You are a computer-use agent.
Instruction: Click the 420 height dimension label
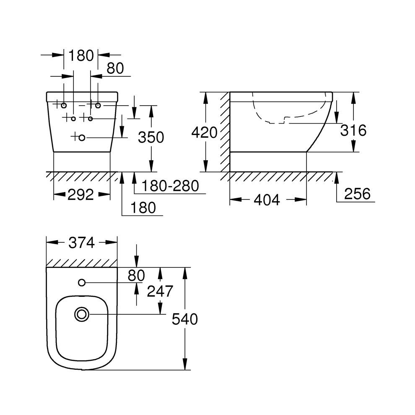pyautogui.click(x=204, y=132)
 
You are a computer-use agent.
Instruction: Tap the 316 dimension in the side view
pyautogui.click(x=353, y=130)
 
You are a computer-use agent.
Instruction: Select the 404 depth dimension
pyautogui.click(x=267, y=200)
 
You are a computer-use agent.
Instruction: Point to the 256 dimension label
pyautogui.click(x=357, y=194)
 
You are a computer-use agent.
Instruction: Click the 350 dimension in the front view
pyautogui.click(x=151, y=137)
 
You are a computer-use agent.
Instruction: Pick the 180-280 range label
pyautogui.click(x=171, y=186)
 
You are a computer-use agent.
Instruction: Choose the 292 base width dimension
pyautogui.click(x=81, y=195)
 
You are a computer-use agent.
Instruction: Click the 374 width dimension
pyautogui.click(x=81, y=243)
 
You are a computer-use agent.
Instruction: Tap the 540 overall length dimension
pyautogui.click(x=185, y=319)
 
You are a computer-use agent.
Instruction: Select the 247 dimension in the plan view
pyautogui.click(x=160, y=291)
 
